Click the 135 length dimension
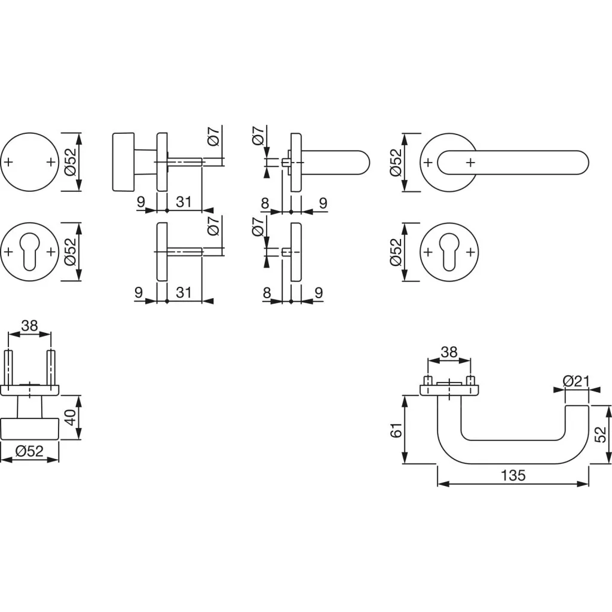513,475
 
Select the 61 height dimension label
396,430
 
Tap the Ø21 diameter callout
576,381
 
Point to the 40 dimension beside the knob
71,417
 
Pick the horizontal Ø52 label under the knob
29,451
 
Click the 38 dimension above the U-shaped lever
449,352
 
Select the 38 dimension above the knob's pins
30,325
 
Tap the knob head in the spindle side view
123,162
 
